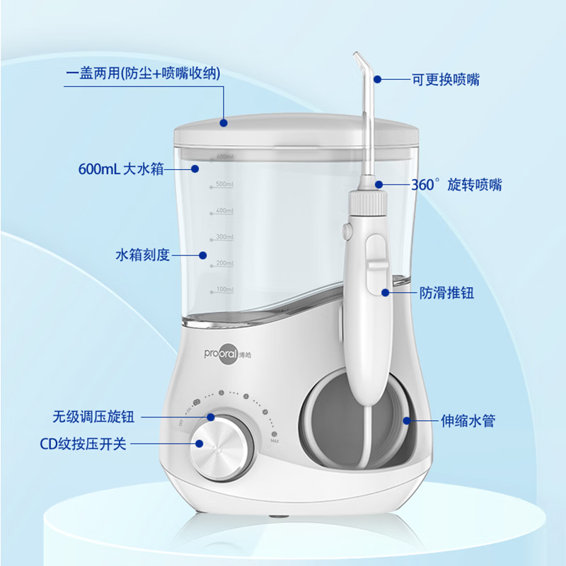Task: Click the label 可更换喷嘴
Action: [446, 80]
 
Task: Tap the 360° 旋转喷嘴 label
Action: [456, 185]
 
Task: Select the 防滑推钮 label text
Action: [446, 292]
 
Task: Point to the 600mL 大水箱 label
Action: [121, 169]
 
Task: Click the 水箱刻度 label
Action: [142, 255]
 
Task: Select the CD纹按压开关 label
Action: [83, 444]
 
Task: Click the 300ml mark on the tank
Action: [224, 237]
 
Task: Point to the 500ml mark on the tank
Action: [224, 184]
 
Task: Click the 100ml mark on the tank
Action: [224, 290]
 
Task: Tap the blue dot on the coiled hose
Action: [407, 420]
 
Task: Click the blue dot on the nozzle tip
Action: [378, 79]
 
